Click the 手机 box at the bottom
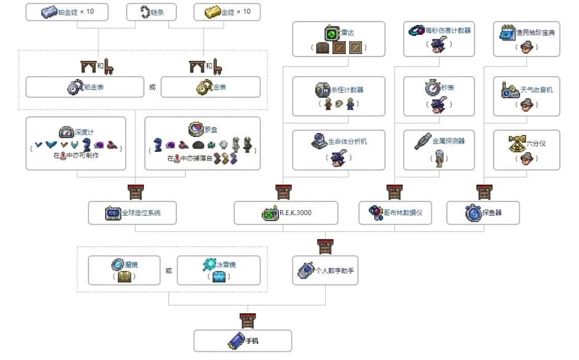click(x=242, y=340)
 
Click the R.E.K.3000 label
click(x=295, y=213)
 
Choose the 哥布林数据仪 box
click(x=399, y=213)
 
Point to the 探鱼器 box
click(x=482, y=213)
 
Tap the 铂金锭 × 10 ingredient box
click(x=68, y=12)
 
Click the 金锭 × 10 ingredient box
click(x=226, y=12)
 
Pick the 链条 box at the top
click(x=151, y=12)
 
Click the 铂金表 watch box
click(x=85, y=87)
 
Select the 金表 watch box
click(x=210, y=87)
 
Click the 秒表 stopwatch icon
click(x=432, y=88)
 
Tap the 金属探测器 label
click(x=448, y=141)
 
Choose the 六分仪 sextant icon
click(x=516, y=143)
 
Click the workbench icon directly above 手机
click(x=247, y=320)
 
